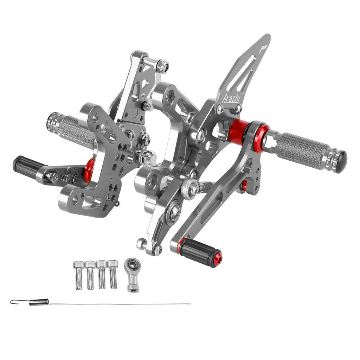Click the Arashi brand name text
point(232,97)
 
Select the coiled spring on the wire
point(39,302)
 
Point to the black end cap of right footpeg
point(341,161)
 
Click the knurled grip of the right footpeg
point(302,150)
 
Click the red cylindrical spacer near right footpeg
point(239,132)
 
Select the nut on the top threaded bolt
point(162,66)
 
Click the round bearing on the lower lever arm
point(174,212)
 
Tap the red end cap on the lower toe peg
point(218,258)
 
